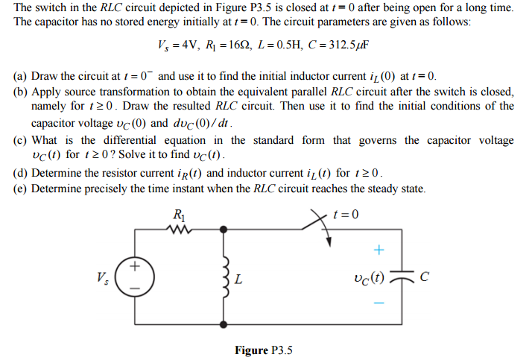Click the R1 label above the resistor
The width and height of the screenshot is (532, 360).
(180, 215)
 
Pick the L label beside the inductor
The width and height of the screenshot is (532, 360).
(238, 281)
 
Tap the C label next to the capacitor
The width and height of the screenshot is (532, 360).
(425, 279)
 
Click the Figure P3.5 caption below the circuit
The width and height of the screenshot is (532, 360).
(265, 350)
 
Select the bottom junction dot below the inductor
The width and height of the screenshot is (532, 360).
(225, 325)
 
